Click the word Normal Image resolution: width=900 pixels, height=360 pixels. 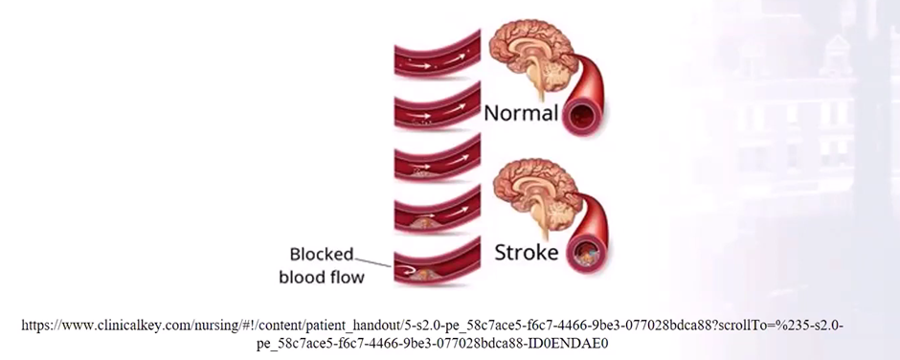tap(520, 113)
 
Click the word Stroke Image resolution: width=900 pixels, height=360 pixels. tap(526, 253)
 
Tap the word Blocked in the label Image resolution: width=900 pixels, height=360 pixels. tap(323, 256)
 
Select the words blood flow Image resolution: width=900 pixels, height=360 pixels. tap(323, 278)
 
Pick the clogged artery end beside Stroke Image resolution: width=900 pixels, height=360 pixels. tap(585, 255)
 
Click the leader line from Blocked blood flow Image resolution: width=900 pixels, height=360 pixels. tap(374, 261)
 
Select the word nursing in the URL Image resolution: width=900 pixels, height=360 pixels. tap(220, 326)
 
